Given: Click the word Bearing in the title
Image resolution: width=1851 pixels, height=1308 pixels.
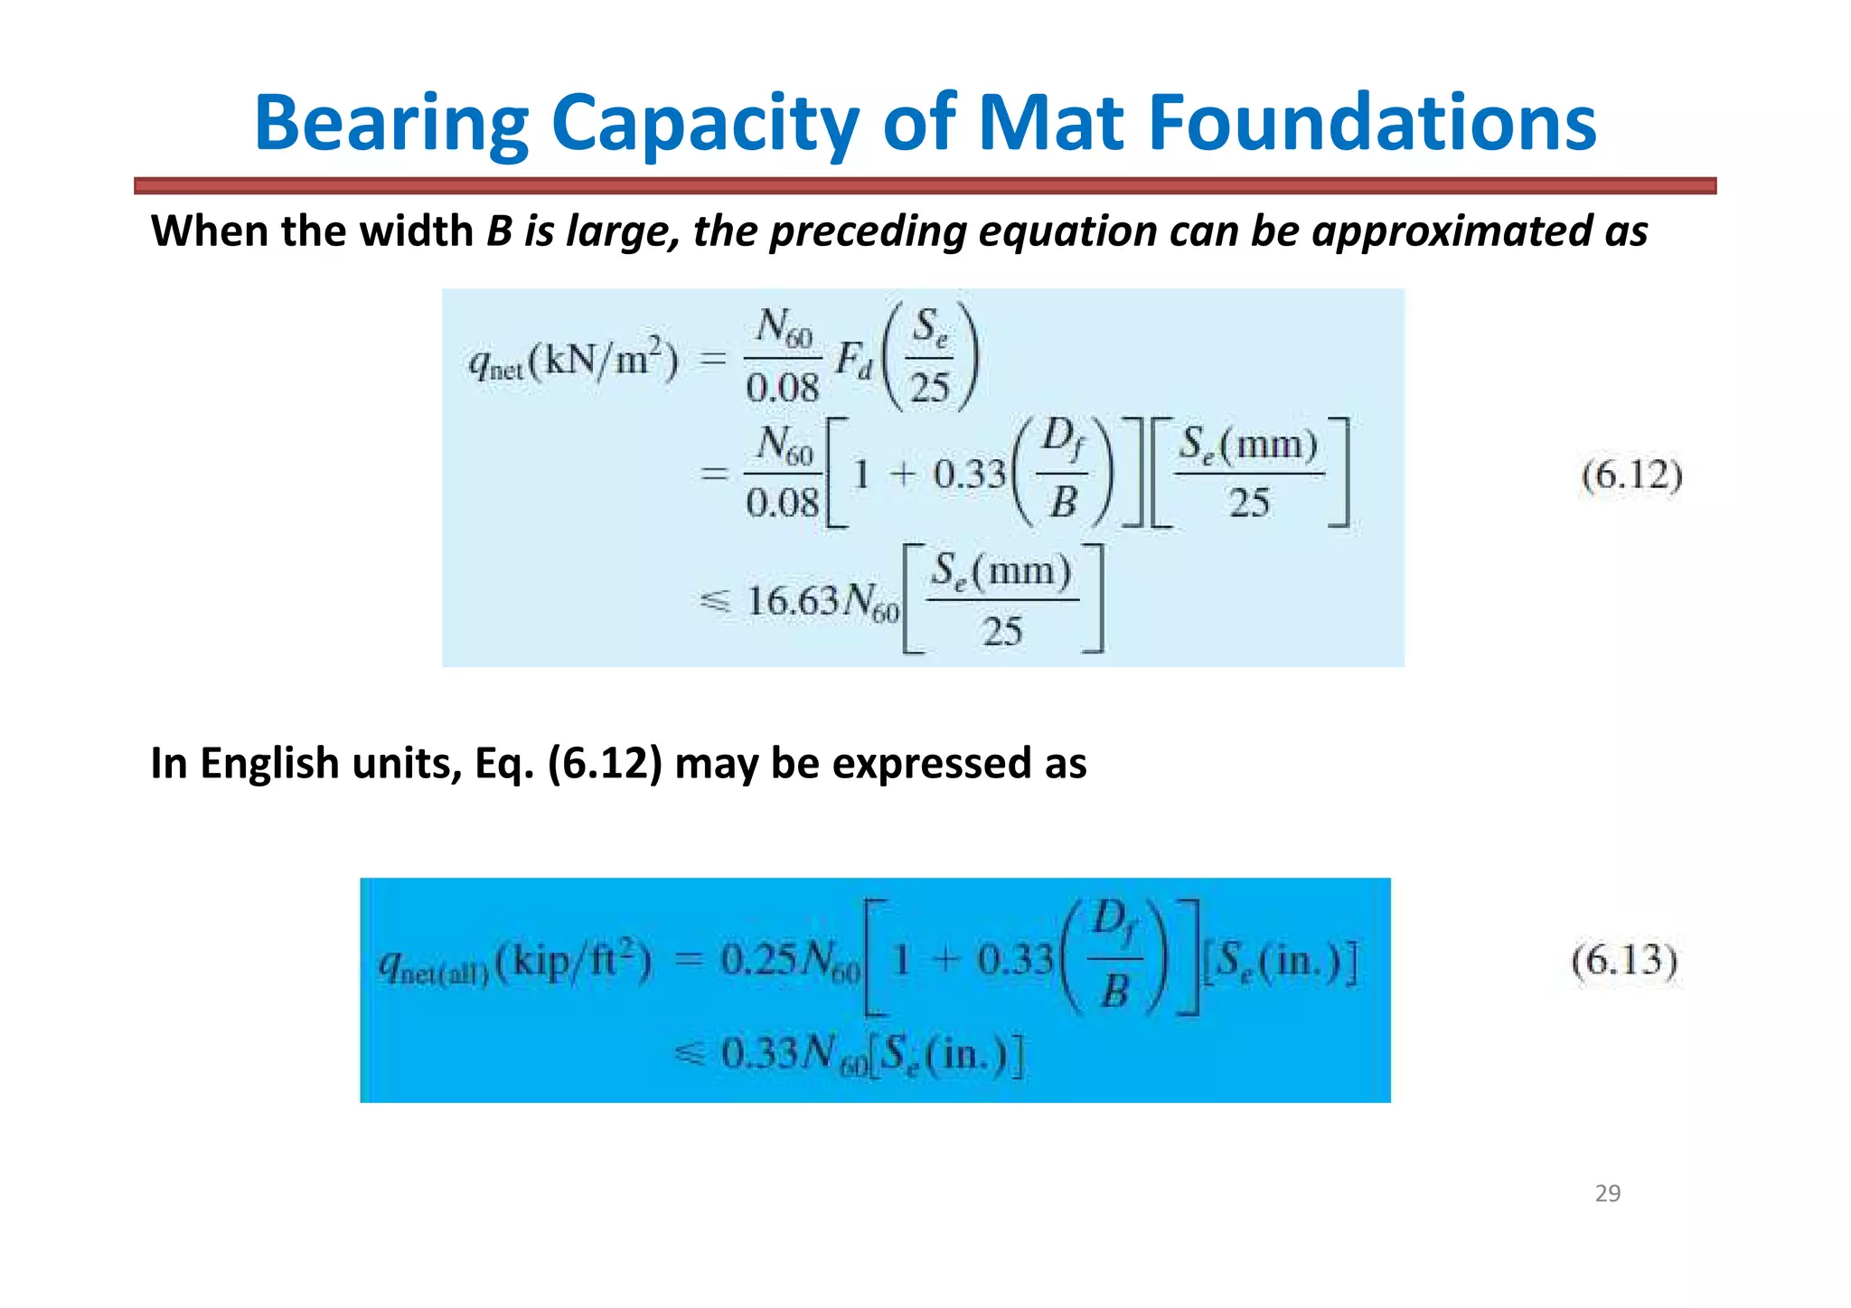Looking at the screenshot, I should [391, 124].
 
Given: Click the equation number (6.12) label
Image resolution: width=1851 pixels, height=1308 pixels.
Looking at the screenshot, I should [1631, 475].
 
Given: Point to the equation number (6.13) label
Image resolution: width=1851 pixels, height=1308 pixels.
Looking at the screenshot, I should [1624, 960].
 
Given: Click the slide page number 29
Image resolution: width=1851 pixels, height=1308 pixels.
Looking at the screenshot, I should [1607, 1193].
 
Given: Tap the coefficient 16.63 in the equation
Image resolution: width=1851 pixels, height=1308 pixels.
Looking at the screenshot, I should [793, 601].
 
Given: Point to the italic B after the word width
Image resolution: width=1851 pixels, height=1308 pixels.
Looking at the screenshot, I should [499, 231].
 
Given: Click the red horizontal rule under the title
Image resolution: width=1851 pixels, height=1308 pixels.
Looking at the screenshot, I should [925, 186].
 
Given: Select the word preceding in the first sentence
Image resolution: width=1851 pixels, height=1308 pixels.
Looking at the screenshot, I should [869, 231].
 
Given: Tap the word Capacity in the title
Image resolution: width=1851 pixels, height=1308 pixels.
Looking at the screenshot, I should [704, 124].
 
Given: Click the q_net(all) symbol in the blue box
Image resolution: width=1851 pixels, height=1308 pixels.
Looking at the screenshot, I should [433, 967].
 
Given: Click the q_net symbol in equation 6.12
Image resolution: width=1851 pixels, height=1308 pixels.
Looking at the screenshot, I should [495, 364].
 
